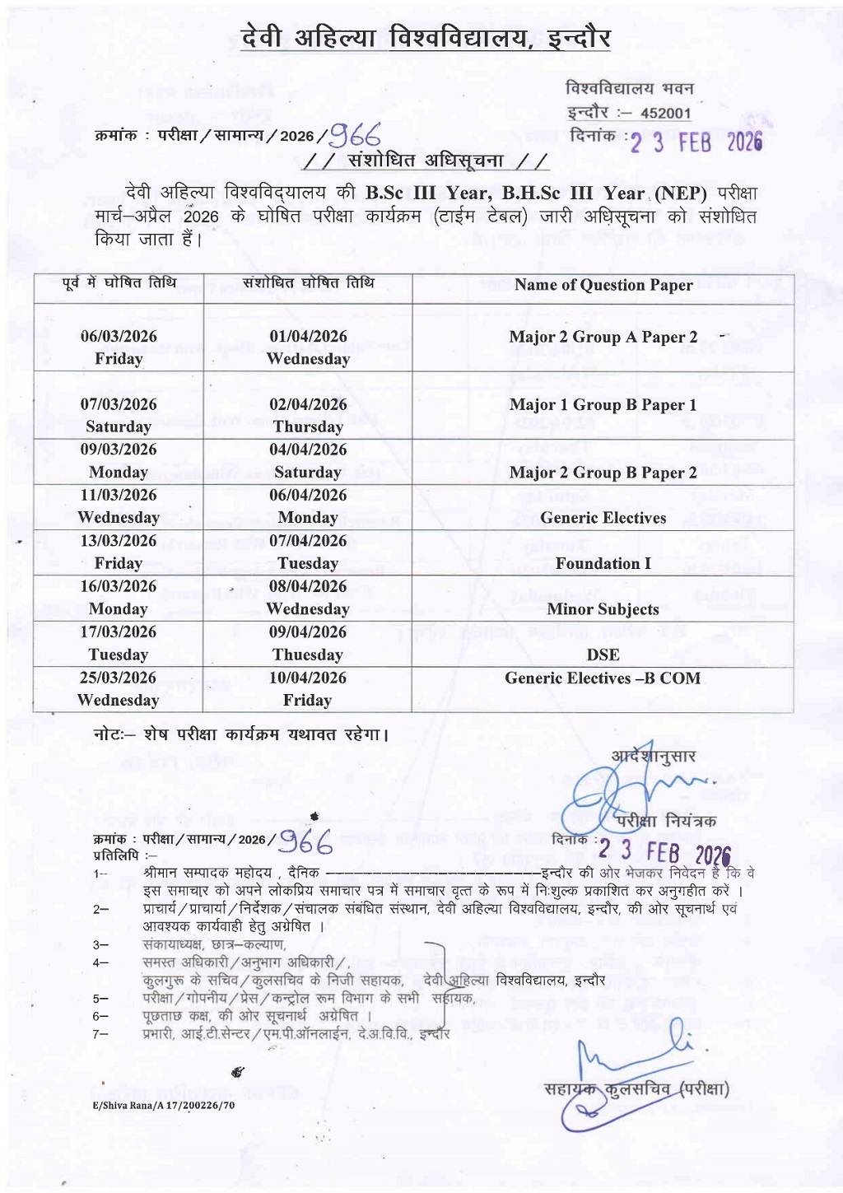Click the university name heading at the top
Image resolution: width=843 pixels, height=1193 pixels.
tap(426, 39)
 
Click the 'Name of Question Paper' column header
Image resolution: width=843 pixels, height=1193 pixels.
tap(603, 286)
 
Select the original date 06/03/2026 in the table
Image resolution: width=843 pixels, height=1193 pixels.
tap(119, 336)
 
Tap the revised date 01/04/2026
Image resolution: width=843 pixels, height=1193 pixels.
tap(308, 336)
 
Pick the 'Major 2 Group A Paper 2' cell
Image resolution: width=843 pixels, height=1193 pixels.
tap(603, 337)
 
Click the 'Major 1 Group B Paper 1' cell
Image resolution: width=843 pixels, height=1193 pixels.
tap(603, 404)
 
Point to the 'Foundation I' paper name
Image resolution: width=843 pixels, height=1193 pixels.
tap(603, 563)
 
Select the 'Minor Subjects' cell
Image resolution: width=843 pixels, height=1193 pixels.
tap(603, 609)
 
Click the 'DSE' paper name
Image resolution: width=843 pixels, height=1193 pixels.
tap(603, 655)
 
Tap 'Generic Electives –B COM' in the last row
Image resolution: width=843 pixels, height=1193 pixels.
tap(603, 678)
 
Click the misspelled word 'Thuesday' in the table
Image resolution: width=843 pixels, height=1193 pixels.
tap(308, 655)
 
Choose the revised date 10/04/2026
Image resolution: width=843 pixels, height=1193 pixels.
tap(308, 678)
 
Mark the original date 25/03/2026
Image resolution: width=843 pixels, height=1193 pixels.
tap(119, 678)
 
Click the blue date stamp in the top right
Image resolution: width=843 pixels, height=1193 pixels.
tap(696, 142)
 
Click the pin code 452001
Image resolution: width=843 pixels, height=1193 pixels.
tap(666, 114)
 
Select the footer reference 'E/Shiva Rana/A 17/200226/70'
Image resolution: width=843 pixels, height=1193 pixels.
tap(164, 1105)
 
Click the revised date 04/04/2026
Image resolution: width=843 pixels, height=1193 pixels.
tap(308, 450)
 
